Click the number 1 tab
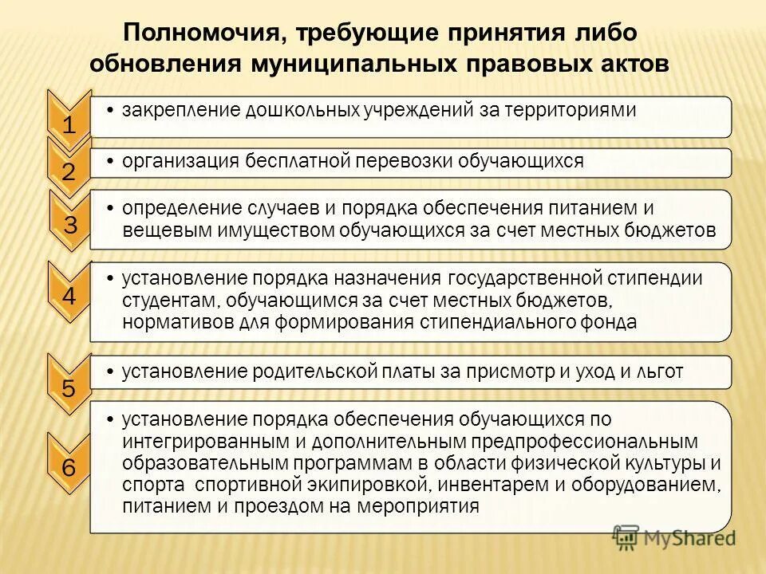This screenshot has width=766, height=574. tap(69, 124)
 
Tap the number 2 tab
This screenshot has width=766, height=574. tap(69, 171)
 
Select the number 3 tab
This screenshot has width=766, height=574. tap(70, 225)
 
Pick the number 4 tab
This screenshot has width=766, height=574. tap(69, 297)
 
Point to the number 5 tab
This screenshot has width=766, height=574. tap(69, 389)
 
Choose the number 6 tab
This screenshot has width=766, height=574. tap(69, 468)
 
